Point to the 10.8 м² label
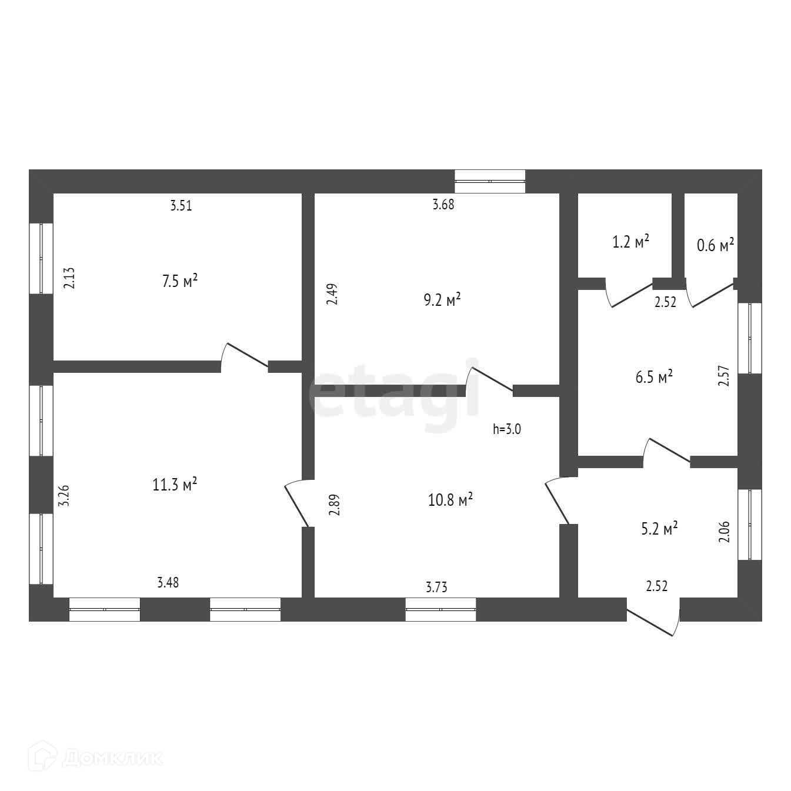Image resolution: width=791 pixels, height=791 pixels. pos(451,500)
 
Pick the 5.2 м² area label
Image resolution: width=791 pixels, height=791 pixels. pos(659,529)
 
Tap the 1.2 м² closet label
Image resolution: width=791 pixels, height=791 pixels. pos(631,242)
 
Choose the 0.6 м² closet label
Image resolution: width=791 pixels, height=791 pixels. pos(715,245)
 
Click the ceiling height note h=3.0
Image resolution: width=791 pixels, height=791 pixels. pos(507,429)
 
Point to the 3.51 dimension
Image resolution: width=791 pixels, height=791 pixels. pos(181,206)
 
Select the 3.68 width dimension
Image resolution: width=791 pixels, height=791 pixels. pos(443,205)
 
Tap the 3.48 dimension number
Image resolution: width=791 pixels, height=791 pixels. pos(168,582)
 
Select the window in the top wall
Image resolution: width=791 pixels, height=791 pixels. pos(490,181)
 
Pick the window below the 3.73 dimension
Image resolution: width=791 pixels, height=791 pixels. pos(440,609)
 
